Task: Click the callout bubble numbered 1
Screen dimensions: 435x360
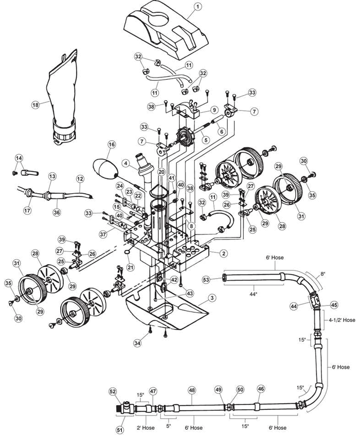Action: point(198,7)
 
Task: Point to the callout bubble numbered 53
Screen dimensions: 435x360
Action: point(206,280)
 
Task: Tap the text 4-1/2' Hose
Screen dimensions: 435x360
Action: point(341,320)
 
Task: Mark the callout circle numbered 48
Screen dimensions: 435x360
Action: point(191,391)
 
